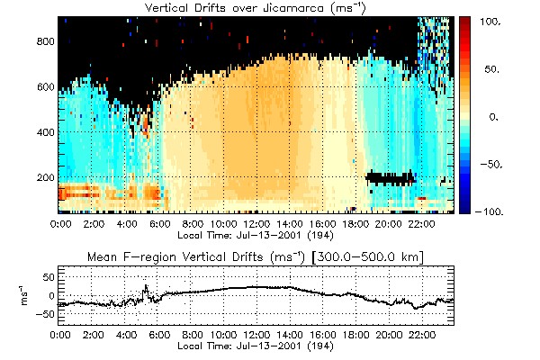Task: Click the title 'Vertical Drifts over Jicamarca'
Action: pyautogui.click(x=256, y=8)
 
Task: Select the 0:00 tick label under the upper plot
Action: pyautogui.click(x=61, y=221)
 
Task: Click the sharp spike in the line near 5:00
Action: pyautogui.click(x=145, y=287)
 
